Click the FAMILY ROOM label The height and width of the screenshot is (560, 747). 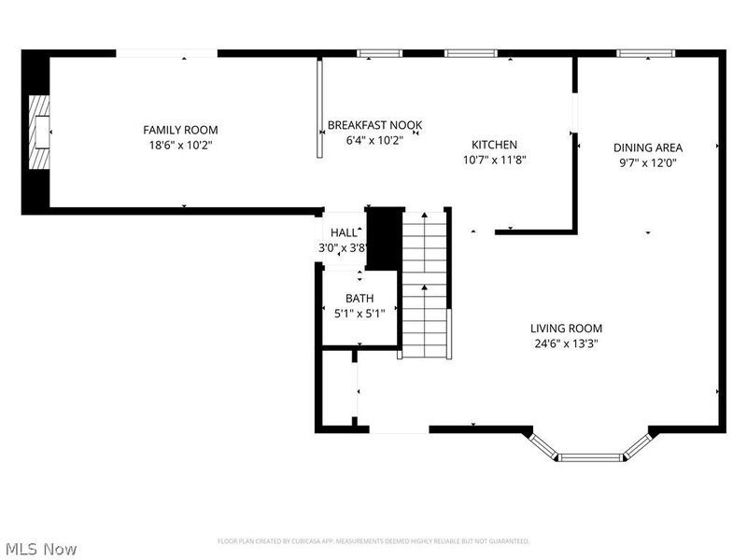(x=180, y=130)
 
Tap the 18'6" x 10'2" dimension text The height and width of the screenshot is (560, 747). (x=180, y=145)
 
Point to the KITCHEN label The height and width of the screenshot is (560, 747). (x=494, y=145)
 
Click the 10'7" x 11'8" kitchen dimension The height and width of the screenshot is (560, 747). (x=495, y=160)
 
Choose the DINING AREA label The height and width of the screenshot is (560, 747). (x=648, y=147)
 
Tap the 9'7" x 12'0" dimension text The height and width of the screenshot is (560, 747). (x=648, y=162)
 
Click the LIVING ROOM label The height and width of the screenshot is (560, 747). (x=566, y=329)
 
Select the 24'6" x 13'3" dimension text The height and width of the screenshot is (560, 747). (x=566, y=343)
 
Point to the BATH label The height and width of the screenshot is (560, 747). (x=359, y=299)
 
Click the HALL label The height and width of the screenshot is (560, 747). (x=344, y=232)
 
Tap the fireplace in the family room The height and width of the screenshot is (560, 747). (x=38, y=133)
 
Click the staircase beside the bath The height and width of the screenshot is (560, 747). (x=425, y=285)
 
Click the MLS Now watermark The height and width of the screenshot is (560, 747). (x=40, y=549)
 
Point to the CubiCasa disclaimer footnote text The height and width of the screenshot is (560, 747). (x=373, y=541)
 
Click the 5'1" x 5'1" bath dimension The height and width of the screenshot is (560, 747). (x=359, y=314)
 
